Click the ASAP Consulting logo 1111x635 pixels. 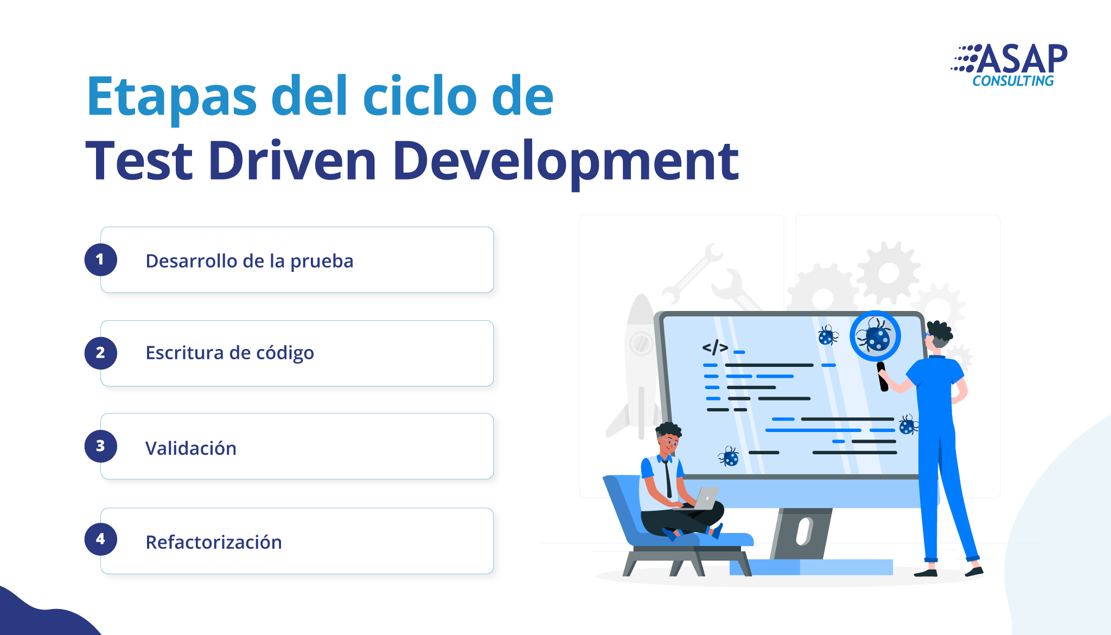pyautogui.click(x=1009, y=65)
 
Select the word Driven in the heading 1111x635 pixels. pyautogui.click(x=292, y=161)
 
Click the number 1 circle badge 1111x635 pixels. pyautogui.click(x=100, y=260)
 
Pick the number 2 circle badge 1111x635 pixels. pyautogui.click(x=100, y=353)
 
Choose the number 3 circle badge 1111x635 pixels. pyautogui.click(x=100, y=446)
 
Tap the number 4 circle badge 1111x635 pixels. pyautogui.click(x=100, y=539)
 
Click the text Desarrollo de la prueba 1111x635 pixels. pyautogui.click(x=250, y=262)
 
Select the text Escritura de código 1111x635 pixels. pyautogui.click(x=230, y=353)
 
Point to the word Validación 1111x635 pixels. pyautogui.click(x=191, y=448)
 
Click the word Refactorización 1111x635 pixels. pyautogui.click(x=214, y=542)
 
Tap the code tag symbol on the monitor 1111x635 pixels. pyautogui.click(x=715, y=347)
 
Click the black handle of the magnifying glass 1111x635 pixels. pyautogui.click(x=882, y=377)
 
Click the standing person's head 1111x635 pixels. pyautogui.click(x=938, y=336)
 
